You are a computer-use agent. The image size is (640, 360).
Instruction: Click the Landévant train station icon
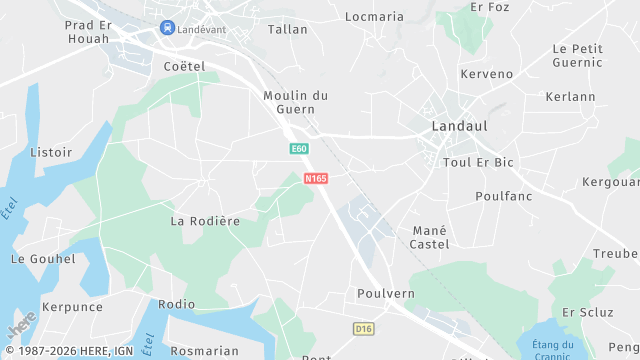click(166, 29)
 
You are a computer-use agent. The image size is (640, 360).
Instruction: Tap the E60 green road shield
click(298, 149)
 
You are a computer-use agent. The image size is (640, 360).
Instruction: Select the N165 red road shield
click(316, 178)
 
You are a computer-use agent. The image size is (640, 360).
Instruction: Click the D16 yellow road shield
click(363, 328)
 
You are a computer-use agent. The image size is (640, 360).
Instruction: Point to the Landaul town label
click(458, 127)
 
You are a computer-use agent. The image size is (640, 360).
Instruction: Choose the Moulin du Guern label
click(295, 103)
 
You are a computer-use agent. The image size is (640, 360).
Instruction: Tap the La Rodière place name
click(205, 220)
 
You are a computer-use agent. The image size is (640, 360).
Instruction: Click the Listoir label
click(52, 153)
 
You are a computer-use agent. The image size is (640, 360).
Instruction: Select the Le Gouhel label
click(43, 259)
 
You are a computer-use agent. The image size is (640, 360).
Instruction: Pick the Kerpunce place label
click(71, 307)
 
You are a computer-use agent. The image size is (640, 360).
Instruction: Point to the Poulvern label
click(385, 294)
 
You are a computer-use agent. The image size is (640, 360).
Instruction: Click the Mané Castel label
click(430, 237)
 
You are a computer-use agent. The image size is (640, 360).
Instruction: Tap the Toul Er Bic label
click(478, 162)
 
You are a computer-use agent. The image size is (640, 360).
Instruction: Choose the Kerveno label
click(486, 75)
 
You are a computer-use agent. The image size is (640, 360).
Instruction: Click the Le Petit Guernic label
click(577, 55)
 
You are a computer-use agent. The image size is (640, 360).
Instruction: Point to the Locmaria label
click(374, 17)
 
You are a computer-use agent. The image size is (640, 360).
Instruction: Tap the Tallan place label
click(288, 30)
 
